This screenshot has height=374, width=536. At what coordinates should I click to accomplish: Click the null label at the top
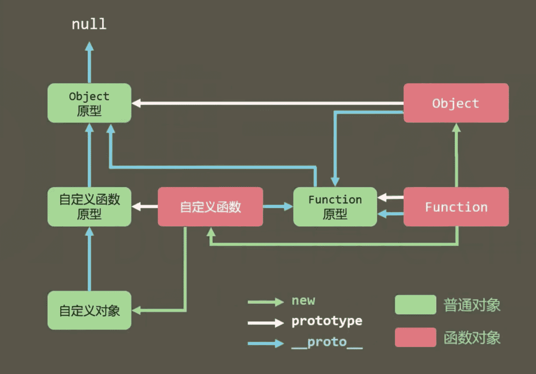pos(89,24)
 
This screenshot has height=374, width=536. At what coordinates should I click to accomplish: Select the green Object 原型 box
pos(89,103)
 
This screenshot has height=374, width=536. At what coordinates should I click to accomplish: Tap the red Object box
pos(456,103)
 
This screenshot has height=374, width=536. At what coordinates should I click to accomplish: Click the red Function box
pos(456,207)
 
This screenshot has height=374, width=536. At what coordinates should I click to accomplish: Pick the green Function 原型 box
pos(335,207)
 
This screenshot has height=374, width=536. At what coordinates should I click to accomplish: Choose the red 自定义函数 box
pos(210,207)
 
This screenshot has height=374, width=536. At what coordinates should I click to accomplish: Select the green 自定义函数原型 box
pos(89,207)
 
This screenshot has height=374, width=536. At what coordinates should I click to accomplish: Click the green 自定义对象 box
pos(89,310)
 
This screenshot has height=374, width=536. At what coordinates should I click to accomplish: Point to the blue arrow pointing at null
pos(89,63)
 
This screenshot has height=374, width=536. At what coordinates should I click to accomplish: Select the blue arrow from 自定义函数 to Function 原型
pos(278,206)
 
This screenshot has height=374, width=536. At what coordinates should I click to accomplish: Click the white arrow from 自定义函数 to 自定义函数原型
pos(145,206)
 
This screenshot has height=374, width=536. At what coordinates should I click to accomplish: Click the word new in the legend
pos(303,300)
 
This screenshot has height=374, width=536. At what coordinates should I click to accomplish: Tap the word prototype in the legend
pos(326,321)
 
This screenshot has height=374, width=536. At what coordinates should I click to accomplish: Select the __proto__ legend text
pos(326,342)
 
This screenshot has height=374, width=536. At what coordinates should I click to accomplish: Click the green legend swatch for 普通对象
pos(415,305)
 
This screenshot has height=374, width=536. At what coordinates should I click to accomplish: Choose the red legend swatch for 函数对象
pos(415,337)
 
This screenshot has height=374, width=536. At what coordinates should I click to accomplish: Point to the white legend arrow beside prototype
pos(265,322)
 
